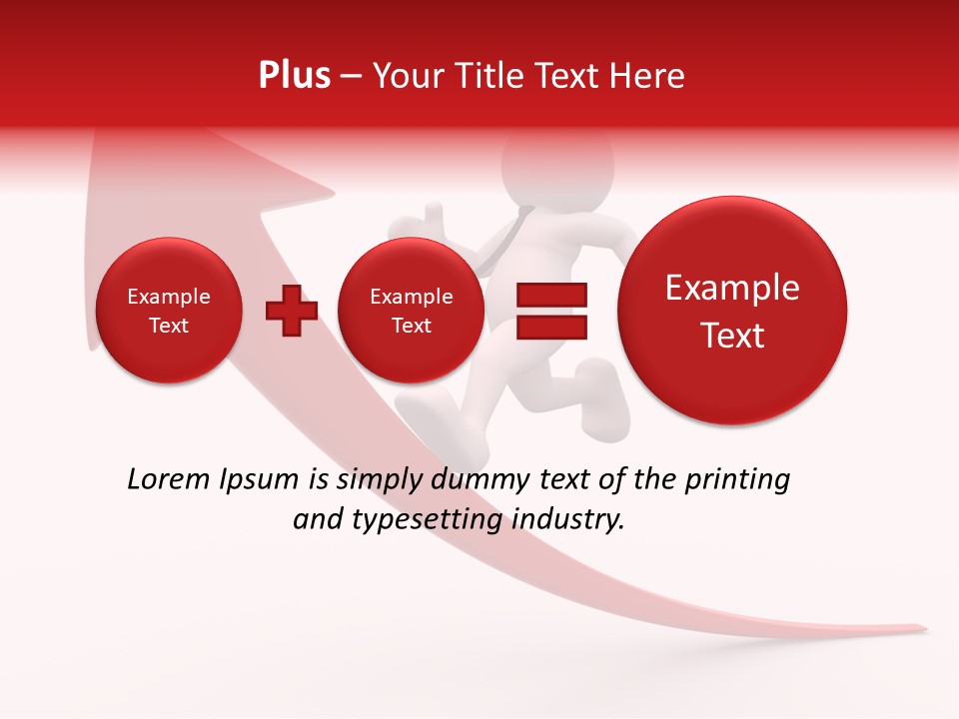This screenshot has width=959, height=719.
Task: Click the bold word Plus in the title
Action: click(x=294, y=76)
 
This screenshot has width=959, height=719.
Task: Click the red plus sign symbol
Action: click(x=292, y=311)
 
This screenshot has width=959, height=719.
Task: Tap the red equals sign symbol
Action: click(x=551, y=311)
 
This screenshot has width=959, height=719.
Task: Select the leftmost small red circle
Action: click(x=168, y=311)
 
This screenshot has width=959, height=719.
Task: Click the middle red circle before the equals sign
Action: click(x=411, y=311)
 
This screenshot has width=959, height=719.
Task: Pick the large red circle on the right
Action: click(x=732, y=311)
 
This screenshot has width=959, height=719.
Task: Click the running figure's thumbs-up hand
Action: click(x=432, y=216)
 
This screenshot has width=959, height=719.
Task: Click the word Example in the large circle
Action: click(x=732, y=288)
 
